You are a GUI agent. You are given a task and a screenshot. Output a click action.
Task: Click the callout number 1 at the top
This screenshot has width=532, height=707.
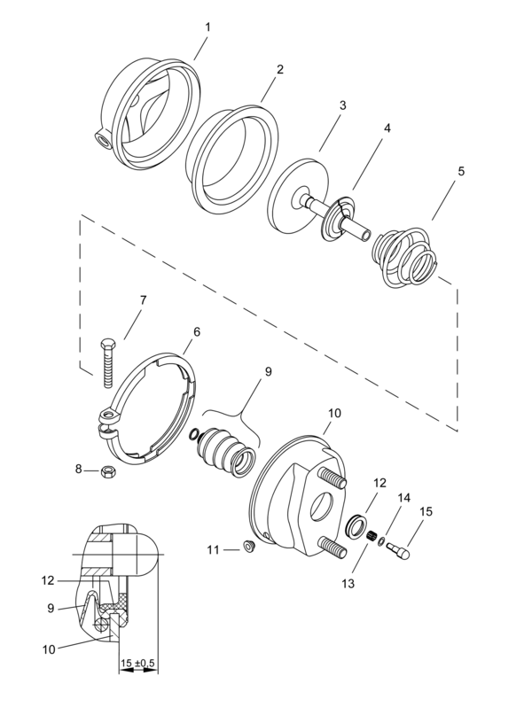click(207, 27)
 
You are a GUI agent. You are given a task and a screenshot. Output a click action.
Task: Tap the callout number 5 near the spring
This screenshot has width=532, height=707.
click(460, 171)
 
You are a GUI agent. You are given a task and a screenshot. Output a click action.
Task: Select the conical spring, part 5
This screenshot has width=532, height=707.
click(404, 258)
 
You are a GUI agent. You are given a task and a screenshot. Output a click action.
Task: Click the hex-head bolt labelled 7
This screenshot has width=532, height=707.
click(107, 362)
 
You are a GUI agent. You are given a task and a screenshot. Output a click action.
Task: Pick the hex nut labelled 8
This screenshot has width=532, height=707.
click(108, 472)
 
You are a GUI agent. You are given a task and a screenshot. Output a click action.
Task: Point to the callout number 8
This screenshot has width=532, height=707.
click(79, 470)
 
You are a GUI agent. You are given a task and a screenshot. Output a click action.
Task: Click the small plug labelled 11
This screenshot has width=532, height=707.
click(248, 547)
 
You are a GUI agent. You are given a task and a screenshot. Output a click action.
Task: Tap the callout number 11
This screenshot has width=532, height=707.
click(213, 549)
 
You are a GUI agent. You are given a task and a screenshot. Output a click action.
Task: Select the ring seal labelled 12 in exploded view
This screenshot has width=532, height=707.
click(355, 525)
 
